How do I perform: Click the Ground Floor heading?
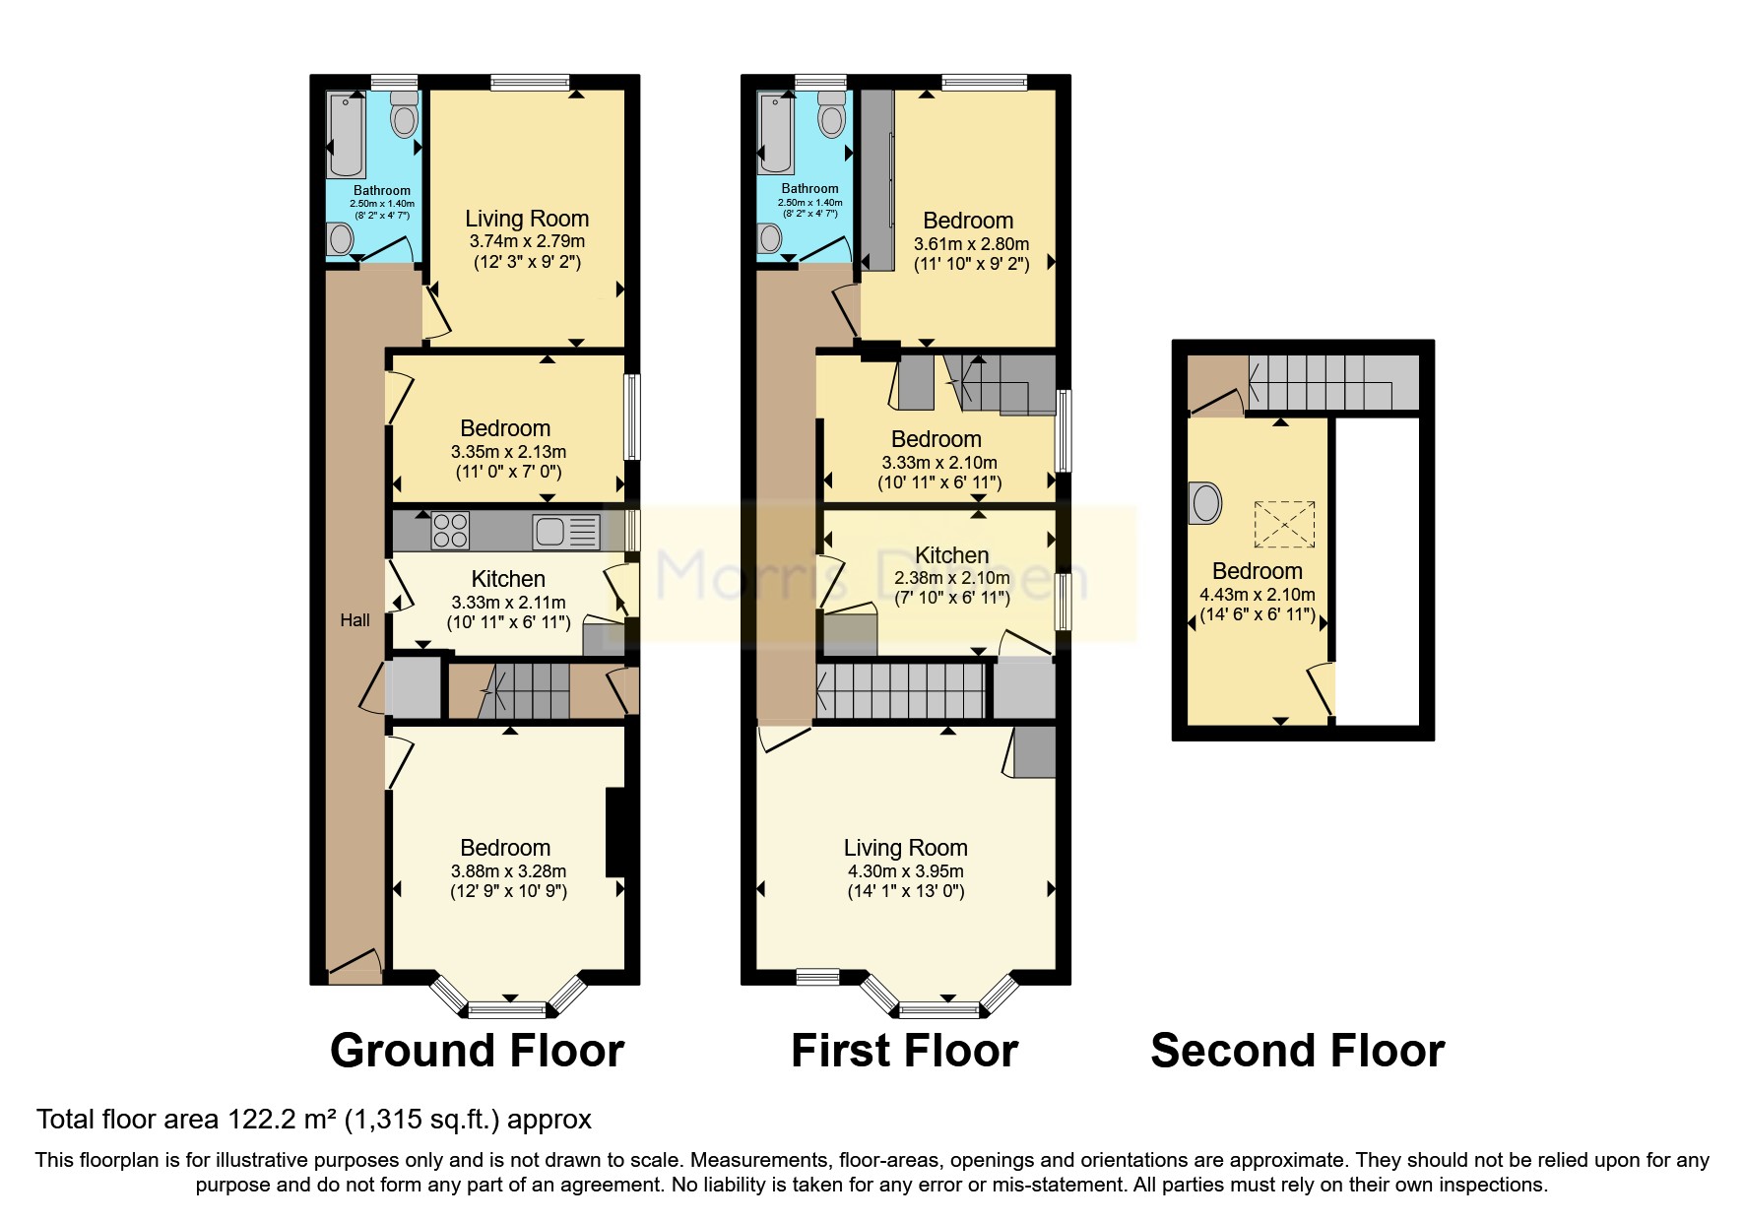pyautogui.click(x=477, y=1051)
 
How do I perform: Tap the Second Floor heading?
pyautogui.click(x=1297, y=1051)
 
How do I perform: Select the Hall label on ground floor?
pyautogui.click(x=355, y=619)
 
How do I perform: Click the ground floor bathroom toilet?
pyautogui.click(x=404, y=115)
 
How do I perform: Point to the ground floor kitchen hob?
pyautogui.click(x=450, y=531)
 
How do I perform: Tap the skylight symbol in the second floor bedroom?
pyautogui.click(x=1284, y=524)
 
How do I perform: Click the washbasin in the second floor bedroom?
pyautogui.click(x=1204, y=503)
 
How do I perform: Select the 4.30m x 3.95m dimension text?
pyautogui.click(x=905, y=871)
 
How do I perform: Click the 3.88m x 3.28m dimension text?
pyautogui.click(x=508, y=871)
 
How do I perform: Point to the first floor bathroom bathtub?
pyautogui.click(x=775, y=134)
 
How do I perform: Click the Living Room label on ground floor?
pyautogui.click(x=527, y=219)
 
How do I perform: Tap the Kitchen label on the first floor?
pyautogui.click(x=951, y=555)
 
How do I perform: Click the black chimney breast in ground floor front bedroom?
pyautogui.click(x=615, y=832)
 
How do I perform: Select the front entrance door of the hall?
pyautogui.click(x=354, y=969)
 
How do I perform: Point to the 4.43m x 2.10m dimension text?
pyautogui.click(x=1257, y=595)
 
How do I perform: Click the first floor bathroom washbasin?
pyautogui.click(x=770, y=236)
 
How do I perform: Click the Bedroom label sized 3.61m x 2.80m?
pyautogui.click(x=968, y=221)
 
